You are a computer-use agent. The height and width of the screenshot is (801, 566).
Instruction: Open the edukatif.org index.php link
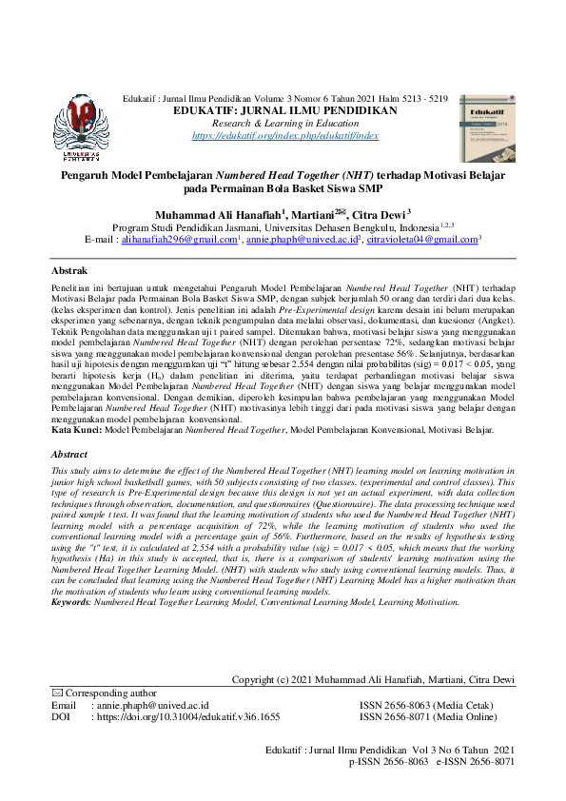(285, 136)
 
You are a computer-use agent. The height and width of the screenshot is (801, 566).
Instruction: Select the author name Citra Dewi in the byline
(378, 215)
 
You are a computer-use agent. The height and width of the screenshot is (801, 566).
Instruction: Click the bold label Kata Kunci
(76, 431)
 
